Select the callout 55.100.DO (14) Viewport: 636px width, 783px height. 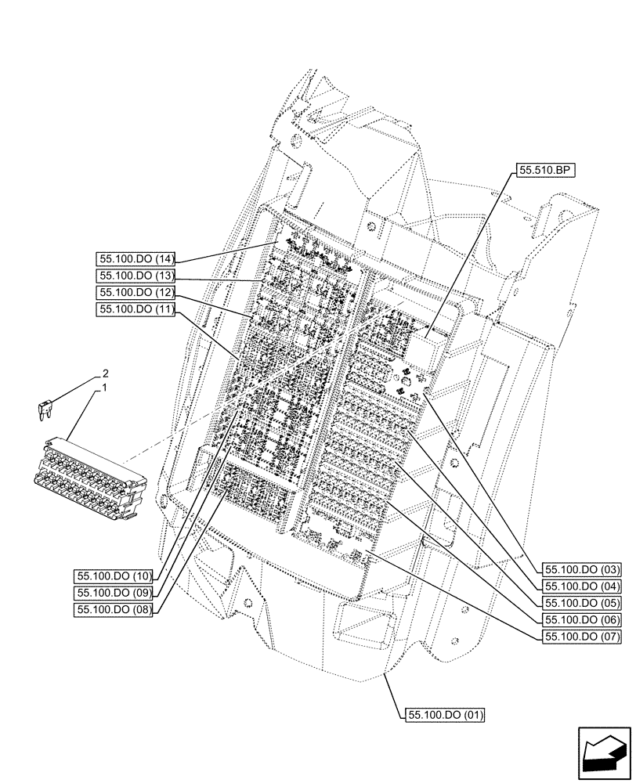coord(135,260)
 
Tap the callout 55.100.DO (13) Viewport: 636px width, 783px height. coord(135,276)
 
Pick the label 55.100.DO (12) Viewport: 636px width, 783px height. coord(135,293)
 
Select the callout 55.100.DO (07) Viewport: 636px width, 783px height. coord(581,637)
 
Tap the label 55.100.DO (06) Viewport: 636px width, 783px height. coord(581,620)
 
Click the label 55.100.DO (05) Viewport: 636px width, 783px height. coord(581,604)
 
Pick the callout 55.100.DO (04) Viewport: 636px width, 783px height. coord(581,586)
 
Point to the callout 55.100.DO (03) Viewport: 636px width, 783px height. coord(581,570)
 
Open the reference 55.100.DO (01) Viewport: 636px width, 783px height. coord(445,715)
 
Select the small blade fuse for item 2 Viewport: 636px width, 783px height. coord(45,410)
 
